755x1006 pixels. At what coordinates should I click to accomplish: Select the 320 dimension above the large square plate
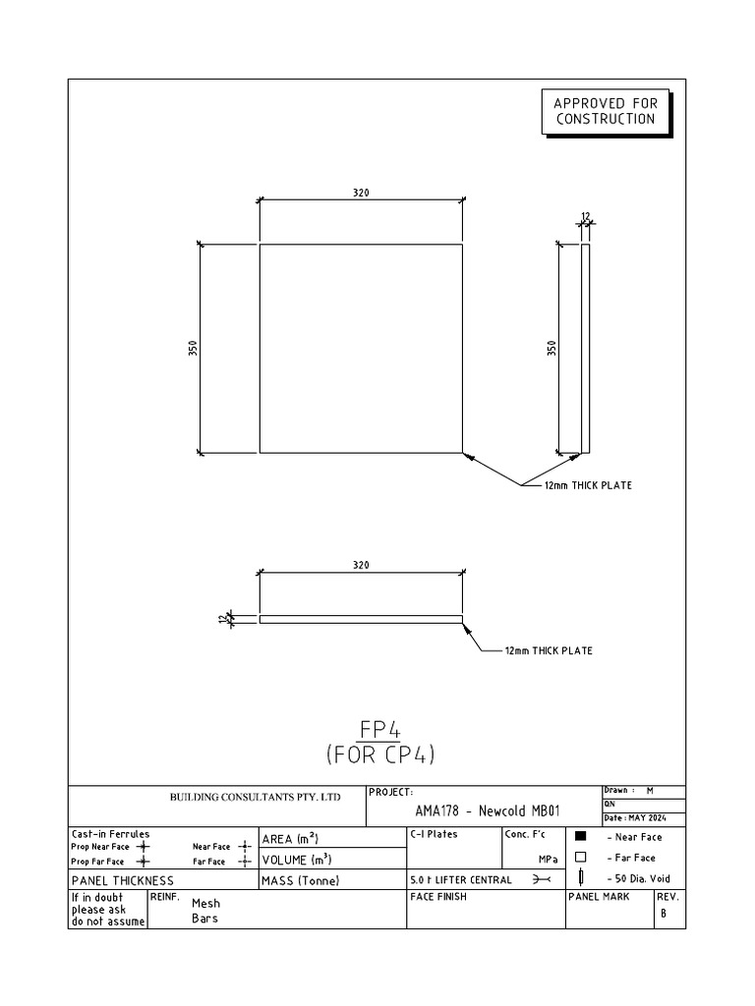(361, 194)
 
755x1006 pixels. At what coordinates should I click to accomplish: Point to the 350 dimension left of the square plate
(194, 349)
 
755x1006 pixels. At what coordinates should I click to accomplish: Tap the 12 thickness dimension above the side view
(586, 216)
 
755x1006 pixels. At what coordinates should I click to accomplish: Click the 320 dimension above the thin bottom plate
(361, 565)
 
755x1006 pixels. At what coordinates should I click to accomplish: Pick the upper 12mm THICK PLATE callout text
(589, 485)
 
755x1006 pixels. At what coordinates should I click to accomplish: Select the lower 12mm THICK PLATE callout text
(549, 650)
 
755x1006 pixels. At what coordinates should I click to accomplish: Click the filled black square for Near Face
(580, 837)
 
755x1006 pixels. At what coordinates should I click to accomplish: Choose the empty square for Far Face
(580, 857)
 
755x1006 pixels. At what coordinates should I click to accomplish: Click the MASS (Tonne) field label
(300, 880)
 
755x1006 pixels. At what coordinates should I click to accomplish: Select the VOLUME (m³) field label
(295, 860)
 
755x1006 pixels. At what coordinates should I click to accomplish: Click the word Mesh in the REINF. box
(206, 904)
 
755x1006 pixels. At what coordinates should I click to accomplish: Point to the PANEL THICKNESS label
(122, 880)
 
